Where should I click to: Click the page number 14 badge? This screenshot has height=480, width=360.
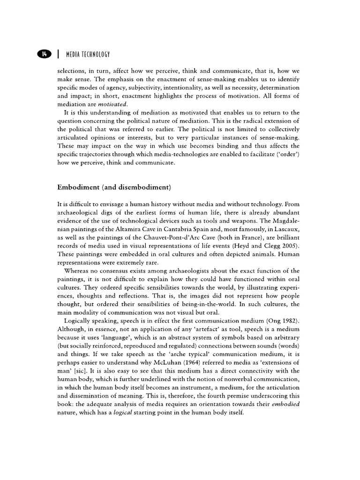click(44, 54)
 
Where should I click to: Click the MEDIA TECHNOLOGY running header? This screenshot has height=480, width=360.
click(86, 54)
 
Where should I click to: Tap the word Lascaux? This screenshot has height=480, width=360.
click(287, 229)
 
